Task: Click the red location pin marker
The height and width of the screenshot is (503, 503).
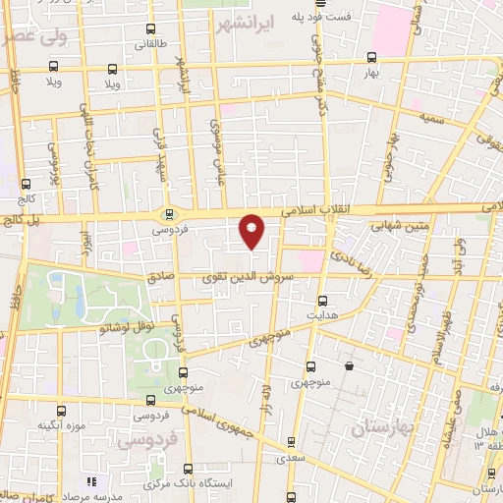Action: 252,230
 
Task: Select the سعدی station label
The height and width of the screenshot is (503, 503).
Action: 288,458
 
